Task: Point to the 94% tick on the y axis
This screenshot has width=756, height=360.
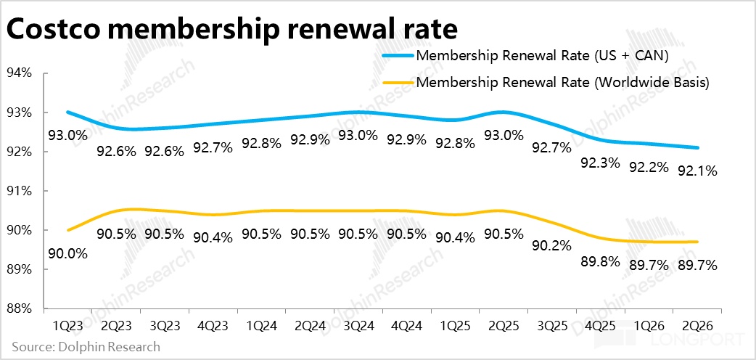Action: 20,73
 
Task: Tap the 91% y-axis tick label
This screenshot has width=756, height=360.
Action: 20,191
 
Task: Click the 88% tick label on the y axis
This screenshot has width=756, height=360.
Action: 20,308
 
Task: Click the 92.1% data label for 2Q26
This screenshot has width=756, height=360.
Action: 698,172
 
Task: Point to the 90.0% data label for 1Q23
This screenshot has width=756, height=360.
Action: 67,254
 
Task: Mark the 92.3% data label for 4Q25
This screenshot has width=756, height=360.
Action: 600,163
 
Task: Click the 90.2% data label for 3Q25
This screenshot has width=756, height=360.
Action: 551,246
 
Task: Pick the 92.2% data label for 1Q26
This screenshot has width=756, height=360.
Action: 649,168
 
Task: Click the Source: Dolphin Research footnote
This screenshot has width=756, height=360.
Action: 86,347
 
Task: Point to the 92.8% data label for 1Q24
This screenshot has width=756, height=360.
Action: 260,144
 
